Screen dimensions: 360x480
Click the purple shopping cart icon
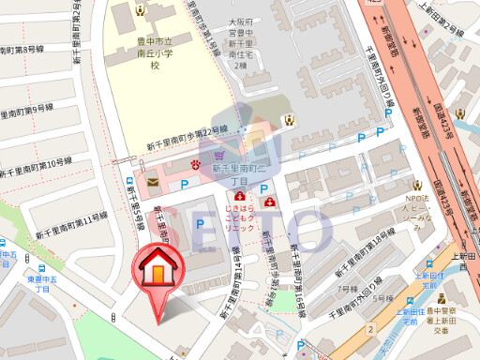tap(218, 156)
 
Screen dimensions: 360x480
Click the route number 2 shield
tap(370, 330)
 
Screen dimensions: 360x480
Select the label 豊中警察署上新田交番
tap(441, 320)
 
